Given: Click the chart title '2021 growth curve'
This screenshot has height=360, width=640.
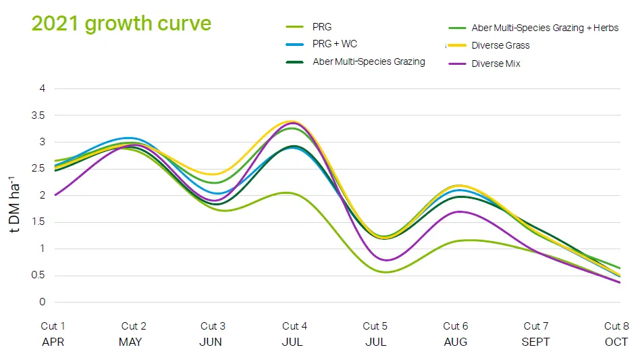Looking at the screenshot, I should [122, 23].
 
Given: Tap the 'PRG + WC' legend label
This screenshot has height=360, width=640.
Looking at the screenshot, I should [335, 44].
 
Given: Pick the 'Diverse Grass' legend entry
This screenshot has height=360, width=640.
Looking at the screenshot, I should [500, 45].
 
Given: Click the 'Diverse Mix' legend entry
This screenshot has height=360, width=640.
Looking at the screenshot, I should [496, 63].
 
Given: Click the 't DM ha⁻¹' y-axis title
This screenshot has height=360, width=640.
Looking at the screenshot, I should [15, 203].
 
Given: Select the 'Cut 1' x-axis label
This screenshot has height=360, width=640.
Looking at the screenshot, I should [53, 326].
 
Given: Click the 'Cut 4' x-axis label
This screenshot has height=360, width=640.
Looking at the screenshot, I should [295, 326].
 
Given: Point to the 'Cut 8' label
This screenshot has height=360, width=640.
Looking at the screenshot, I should [616, 326].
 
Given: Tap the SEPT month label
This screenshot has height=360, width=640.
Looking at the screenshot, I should [536, 342].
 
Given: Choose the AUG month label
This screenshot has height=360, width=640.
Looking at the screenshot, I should [456, 342].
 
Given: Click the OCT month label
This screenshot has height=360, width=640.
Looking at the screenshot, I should [616, 342].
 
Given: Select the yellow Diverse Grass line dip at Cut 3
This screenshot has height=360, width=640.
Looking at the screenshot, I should [214, 174].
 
